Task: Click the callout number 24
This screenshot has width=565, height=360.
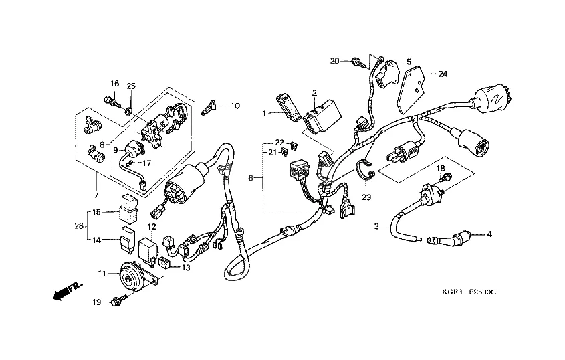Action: [x=442, y=74]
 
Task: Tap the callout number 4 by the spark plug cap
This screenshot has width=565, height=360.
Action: [x=489, y=234]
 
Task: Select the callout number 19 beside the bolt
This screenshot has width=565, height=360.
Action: [x=97, y=302]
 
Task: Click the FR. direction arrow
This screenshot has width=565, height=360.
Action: [x=65, y=289]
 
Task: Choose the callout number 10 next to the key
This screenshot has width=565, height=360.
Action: [x=235, y=106]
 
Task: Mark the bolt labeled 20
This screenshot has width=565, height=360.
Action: [x=360, y=62]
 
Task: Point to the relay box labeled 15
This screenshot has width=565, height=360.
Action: [x=128, y=206]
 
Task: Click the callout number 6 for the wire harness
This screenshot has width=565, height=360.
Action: [x=251, y=179]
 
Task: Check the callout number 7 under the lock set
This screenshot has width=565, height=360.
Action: [x=96, y=195]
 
